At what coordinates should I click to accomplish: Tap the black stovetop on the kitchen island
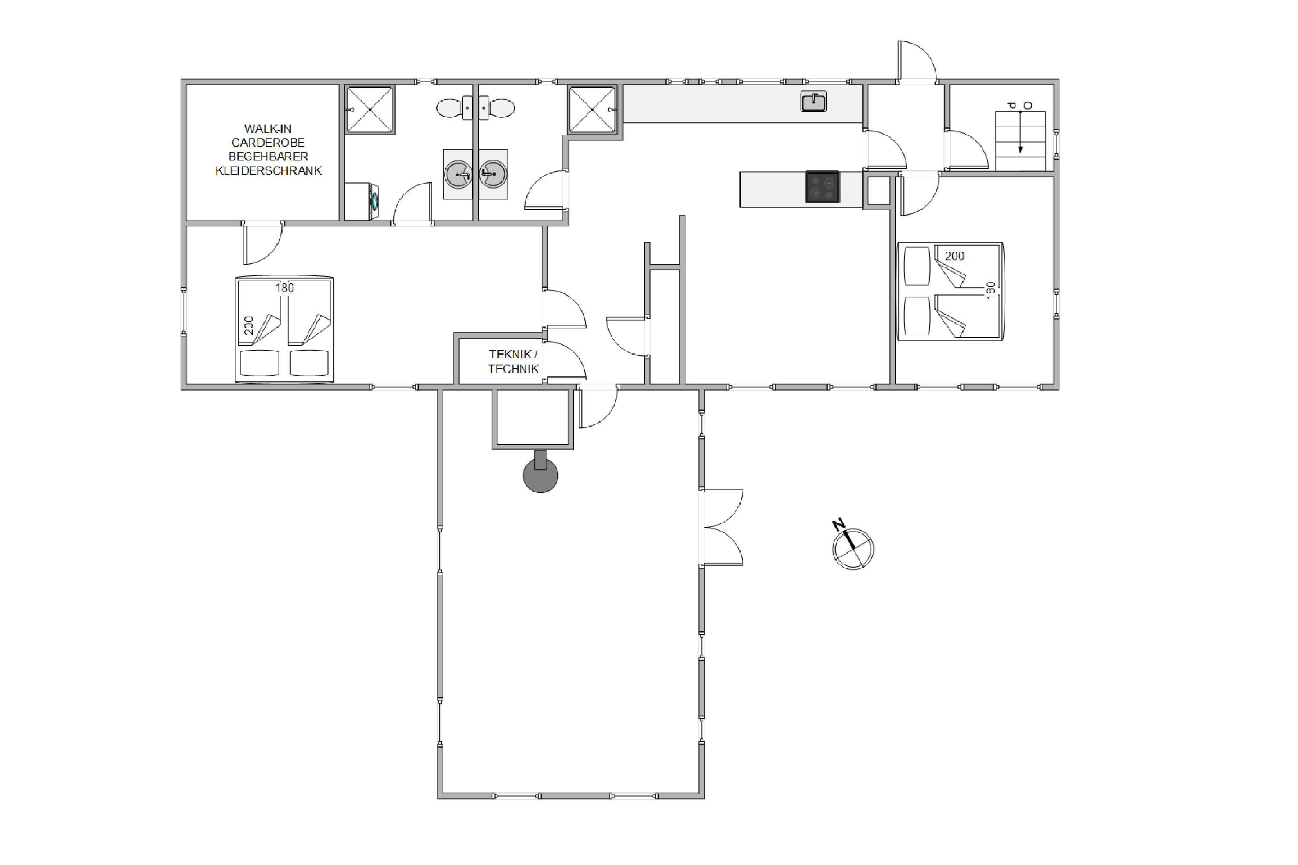(x=822, y=186)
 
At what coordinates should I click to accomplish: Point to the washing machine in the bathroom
(x=359, y=202)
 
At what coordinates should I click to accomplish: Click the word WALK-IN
(x=268, y=129)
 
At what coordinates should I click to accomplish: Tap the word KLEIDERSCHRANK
(x=269, y=171)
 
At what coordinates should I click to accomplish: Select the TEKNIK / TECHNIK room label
(x=513, y=361)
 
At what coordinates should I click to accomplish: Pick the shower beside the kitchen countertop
(x=592, y=109)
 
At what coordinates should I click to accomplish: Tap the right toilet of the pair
(x=497, y=108)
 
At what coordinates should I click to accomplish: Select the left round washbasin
(x=458, y=174)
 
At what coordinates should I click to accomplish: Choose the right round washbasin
(x=493, y=174)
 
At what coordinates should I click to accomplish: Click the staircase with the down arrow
(x=1020, y=141)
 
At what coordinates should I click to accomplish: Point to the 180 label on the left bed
(x=285, y=288)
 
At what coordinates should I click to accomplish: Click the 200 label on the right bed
(x=955, y=256)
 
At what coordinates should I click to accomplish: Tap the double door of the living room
(x=721, y=527)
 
